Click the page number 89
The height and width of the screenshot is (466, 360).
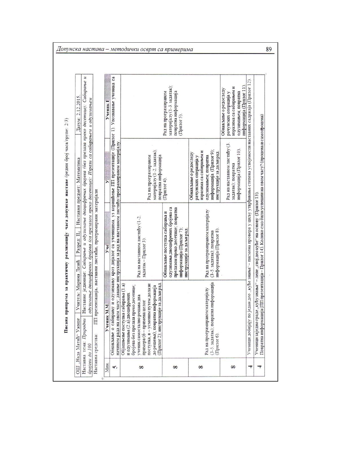[x=269, y=49]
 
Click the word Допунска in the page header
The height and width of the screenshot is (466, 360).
[x=68, y=49]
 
